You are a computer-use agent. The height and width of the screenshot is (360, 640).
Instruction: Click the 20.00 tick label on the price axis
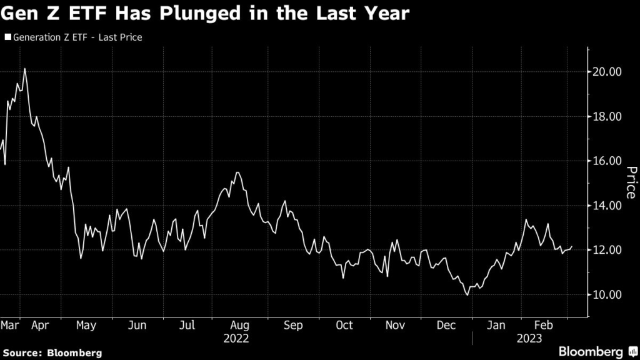pyautogui.click(x=607, y=72)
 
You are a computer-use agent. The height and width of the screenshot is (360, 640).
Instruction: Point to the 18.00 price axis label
pyautogui.click(x=607, y=116)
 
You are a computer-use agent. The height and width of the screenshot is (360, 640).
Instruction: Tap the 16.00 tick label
pyautogui.click(x=607, y=161)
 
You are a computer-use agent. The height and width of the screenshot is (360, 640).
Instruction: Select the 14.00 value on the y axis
pyautogui.click(x=607, y=205)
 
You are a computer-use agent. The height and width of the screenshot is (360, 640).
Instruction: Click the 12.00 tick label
pyautogui.click(x=607, y=250)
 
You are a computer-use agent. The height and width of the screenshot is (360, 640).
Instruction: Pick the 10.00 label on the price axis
pyautogui.click(x=607, y=294)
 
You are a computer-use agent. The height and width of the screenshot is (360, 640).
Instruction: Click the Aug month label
pyautogui.click(x=239, y=326)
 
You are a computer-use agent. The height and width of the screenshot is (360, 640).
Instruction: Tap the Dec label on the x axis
pyautogui.click(x=446, y=325)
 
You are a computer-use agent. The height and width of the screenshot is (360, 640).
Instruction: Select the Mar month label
pyautogui.click(x=10, y=325)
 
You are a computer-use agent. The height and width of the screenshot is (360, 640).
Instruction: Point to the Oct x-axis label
pyautogui.click(x=344, y=325)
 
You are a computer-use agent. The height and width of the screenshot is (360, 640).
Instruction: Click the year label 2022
pyautogui.click(x=236, y=339)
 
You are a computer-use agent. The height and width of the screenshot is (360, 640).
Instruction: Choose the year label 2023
pyautogui.click(x=529, y=339)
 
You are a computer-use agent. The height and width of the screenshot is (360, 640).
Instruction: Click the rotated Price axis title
pyautogui.click(x=631, y=182)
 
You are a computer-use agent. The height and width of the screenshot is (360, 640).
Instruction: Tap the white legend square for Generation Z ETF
pyautogui.click(x=7, y=37)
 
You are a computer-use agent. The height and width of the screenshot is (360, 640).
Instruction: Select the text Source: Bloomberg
pyautogui.click(x=52, y=353)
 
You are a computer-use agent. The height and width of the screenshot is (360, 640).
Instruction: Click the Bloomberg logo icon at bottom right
pyautogui.click(x=633, y=351)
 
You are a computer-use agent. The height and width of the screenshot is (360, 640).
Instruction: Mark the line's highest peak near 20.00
pyautogui.click(x=24, y=69)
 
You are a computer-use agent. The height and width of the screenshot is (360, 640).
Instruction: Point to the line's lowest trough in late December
pyautogui.click(x=467, y=295)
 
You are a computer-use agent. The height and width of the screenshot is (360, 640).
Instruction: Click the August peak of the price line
pyautogui.click(x=238, y=172)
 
